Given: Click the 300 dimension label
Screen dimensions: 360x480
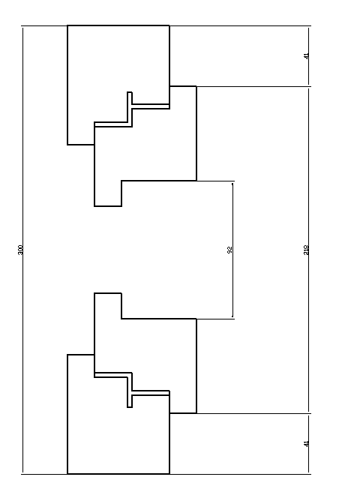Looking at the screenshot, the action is point(20,250).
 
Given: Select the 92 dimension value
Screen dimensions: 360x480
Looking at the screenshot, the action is point(230,250).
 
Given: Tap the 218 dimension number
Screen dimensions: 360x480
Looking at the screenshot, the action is point(306,250).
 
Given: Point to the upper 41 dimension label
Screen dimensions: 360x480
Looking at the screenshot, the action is point(306,56).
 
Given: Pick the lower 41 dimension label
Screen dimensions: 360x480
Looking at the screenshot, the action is point(306,443).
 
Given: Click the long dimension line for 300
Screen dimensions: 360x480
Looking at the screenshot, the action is point(22,250).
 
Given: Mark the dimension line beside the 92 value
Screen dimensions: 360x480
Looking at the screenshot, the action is point(232,250).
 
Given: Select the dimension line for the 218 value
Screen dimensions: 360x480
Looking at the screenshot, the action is point(308,250).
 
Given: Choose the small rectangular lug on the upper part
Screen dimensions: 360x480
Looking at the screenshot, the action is point(108,193).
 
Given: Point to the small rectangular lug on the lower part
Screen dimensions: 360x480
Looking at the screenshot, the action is point(108,306).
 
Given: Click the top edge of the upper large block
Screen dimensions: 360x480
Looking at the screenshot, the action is point(118,25).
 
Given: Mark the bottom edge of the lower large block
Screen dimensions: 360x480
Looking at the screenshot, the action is point(118,474).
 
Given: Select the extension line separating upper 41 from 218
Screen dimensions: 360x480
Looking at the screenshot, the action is point(253,87).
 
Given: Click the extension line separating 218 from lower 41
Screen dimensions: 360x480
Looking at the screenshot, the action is point(253,413).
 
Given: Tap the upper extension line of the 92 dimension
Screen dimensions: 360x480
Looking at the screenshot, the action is point(215,181).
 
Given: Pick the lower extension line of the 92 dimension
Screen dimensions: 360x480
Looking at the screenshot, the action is point(215,319).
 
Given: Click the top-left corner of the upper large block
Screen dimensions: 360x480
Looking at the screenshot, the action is point(67,25).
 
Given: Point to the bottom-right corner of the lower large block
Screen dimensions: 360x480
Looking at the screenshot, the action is point(169,474).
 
